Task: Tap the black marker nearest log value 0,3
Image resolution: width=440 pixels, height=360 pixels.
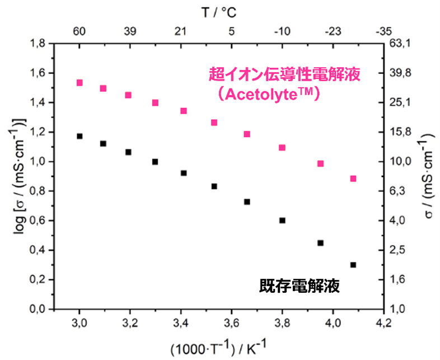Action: coord(353,265)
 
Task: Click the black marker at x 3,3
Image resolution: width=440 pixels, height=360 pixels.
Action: coord(155,162)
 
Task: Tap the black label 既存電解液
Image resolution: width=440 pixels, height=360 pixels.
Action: coord(299,286)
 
